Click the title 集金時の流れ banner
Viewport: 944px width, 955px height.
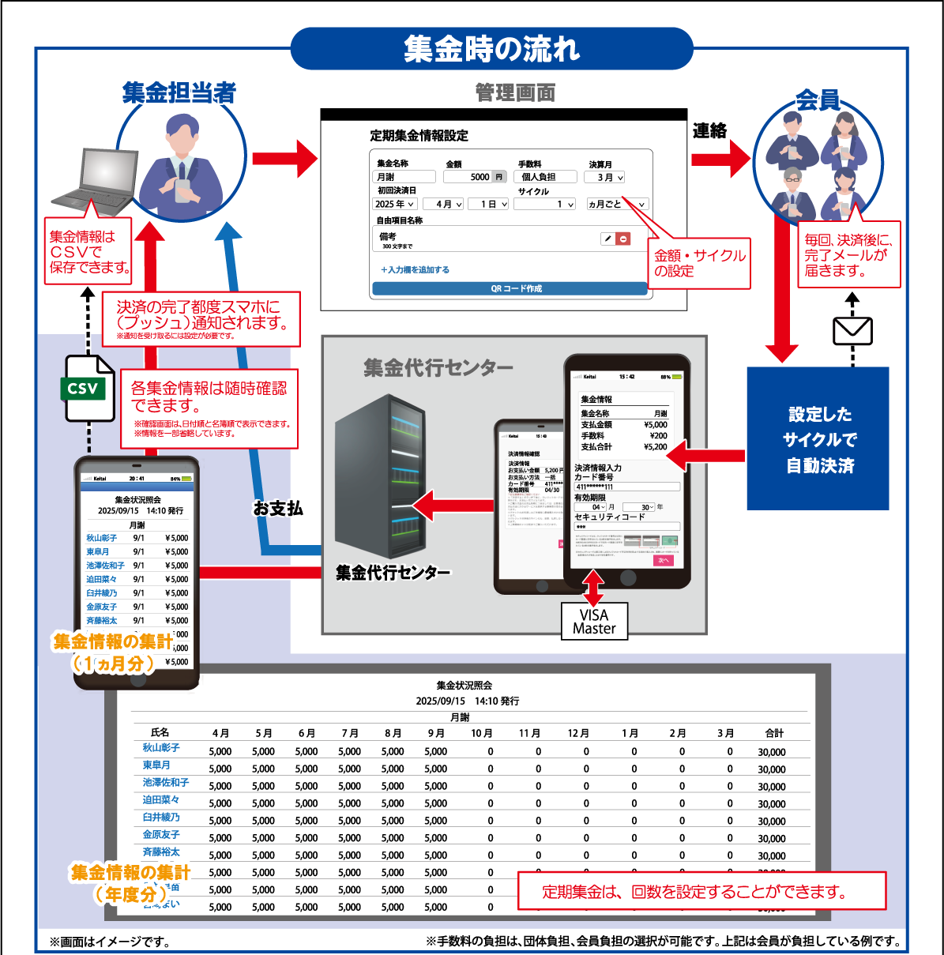click(491, 49)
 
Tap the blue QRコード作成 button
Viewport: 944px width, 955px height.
click(510, 289)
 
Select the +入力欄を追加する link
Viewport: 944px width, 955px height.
click(415, 270)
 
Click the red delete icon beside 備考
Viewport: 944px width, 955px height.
click(623, 239)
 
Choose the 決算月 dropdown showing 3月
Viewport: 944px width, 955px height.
click(605, 178)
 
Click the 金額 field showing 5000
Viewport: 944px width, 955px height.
click(475, 177)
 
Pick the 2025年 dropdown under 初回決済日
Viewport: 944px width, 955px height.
click(394, 204)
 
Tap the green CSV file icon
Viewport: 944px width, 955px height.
click(88, 388)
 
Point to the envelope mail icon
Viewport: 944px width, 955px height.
click(852, 331)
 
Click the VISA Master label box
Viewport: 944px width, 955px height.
click(594, 622)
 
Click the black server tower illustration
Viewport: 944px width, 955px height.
click(374, 473)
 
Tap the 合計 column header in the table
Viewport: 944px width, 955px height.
click(774, 733)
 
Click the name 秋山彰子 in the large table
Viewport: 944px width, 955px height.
click(161, 747)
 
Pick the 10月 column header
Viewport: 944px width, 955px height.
click(481, 733)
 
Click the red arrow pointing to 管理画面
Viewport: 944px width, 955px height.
click(284, 158)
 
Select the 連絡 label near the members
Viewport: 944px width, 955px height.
click(709, 131)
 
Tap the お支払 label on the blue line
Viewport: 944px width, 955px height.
click(277, 508)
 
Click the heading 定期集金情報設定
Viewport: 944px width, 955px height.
click(419, 136)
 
